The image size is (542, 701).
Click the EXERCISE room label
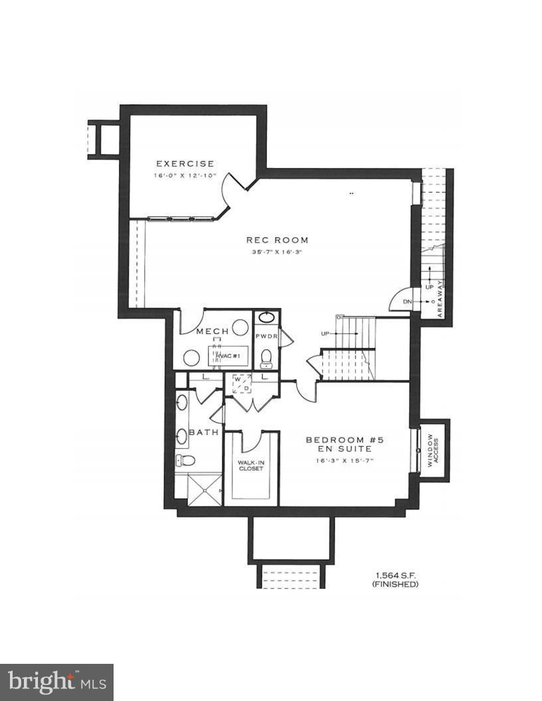click(x=185, y=163)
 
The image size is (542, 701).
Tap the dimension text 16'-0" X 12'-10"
click(x=185, y=176)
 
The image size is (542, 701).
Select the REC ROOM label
click(x=277, y=240)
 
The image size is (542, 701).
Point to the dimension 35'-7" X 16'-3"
click(x=277, y=252)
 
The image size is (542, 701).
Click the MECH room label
click(x=213, y=331)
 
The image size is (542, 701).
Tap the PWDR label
click(x=266, y=337)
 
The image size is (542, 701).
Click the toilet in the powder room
click(x=267, y=358)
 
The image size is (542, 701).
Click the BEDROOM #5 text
click(x=345, y=439)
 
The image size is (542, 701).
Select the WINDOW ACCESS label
click(x=432, y=451)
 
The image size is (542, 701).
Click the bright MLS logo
click(x=56, y=682)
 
